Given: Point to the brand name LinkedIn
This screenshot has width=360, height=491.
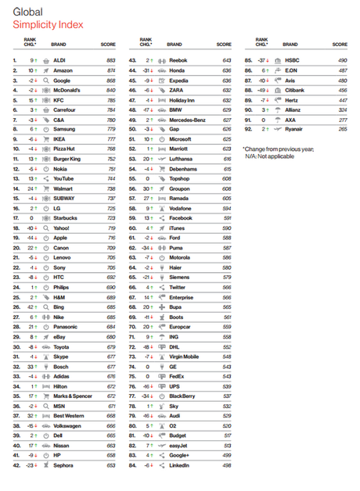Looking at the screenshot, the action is point(182,465).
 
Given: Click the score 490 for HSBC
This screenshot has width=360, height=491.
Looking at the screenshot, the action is point(341,60).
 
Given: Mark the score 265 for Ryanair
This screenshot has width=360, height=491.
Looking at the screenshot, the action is point(341,129).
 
